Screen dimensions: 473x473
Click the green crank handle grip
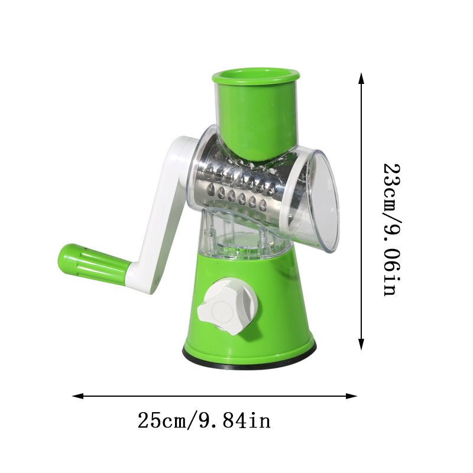point(95,264)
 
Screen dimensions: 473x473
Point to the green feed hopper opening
point(255,75)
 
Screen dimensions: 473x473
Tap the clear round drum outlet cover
point(322,201)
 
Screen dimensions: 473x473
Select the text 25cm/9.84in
point(204,421)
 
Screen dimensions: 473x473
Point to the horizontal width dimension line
point(213,396)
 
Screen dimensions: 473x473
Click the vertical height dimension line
point(361,213)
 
